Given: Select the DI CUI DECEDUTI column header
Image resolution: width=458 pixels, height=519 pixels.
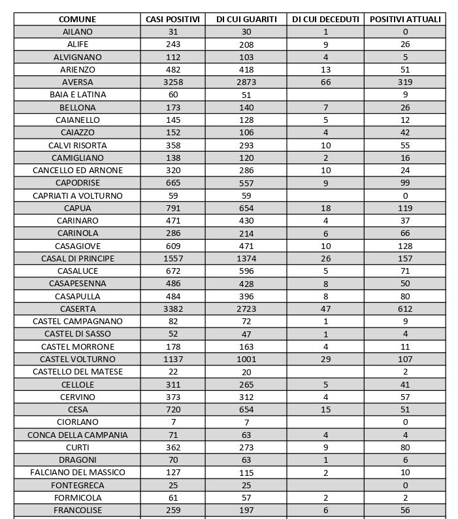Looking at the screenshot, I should (325, 19).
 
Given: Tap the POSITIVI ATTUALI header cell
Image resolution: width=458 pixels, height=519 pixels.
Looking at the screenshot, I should (405, 19).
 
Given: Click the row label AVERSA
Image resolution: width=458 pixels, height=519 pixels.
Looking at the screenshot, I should (78, 82).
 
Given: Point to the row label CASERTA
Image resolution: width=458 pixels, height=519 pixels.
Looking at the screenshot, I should (78, 309).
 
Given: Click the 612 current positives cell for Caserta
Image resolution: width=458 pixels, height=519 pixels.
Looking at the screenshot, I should (405, 309).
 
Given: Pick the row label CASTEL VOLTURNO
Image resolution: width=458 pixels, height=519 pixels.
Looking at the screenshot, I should (78, 359).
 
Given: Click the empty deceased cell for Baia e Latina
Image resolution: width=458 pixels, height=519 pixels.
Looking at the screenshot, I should (325, 95).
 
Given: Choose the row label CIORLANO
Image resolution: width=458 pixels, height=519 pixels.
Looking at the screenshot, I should (78, 422).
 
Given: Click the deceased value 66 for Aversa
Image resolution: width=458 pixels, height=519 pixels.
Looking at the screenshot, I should (325, 82).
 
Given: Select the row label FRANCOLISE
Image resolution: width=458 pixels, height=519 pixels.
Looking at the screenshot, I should (78, 510).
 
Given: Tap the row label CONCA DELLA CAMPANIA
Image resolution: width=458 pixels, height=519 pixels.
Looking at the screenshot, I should (78, 435).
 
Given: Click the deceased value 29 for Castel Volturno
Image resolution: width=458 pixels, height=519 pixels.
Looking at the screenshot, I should (325, 359).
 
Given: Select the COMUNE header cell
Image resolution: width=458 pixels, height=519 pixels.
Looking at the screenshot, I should (78, 19).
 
